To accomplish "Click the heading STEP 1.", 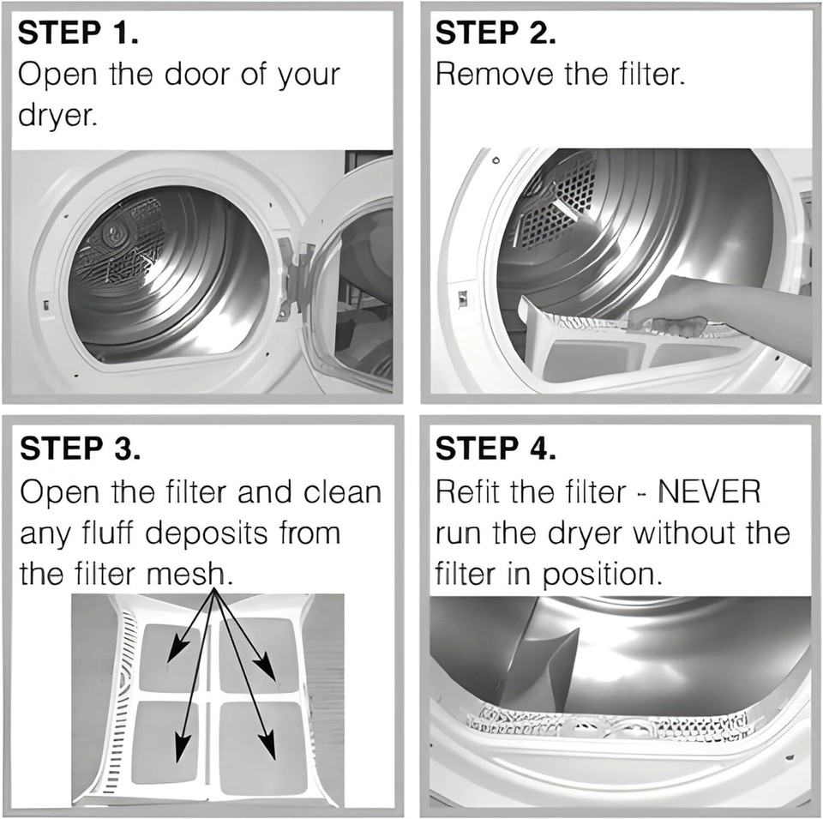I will (x=78, y=34).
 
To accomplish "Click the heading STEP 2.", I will (x=496, y=34).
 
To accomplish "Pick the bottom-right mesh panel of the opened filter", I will (x=259, y=746).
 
